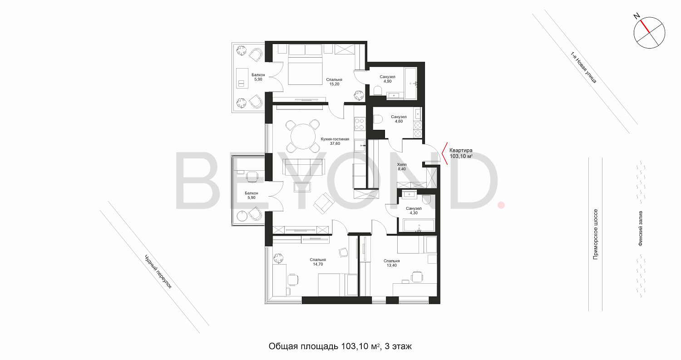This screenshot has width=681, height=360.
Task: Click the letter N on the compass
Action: pyautogui.click(x=637, y=16)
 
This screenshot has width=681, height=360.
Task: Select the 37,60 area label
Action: pyautogui.click(x=335, y=143)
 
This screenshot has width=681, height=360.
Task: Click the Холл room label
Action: pyautogui.click(x=402, y=164)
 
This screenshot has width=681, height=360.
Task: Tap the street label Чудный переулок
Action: pyautogui.click(x=158, y=271)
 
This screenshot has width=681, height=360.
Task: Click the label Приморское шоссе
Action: pyautogui.click(x=595, y=234)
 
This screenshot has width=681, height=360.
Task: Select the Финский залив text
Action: pyautogui.click(x=640, y=228)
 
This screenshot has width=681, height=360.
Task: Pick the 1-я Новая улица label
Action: pyautogui.click(x=583, y=67)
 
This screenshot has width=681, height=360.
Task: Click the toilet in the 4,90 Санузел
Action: pyautogui.click(x=377, y=91)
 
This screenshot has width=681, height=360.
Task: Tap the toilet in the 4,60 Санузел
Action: pyautogui.click(x=378, y=119)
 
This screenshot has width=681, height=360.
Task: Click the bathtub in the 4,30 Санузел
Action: pyautogui.click(x=419, y=226)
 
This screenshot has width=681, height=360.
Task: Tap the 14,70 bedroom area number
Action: pyautogui.click(x=318, y=264)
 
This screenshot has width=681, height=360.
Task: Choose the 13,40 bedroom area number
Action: pyautogui.click(x=391, y=266)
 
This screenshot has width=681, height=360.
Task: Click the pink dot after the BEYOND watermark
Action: pyautogui.click(x=501, y=205)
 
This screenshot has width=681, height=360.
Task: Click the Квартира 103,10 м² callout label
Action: pyautogui.click(x=461, y=153)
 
